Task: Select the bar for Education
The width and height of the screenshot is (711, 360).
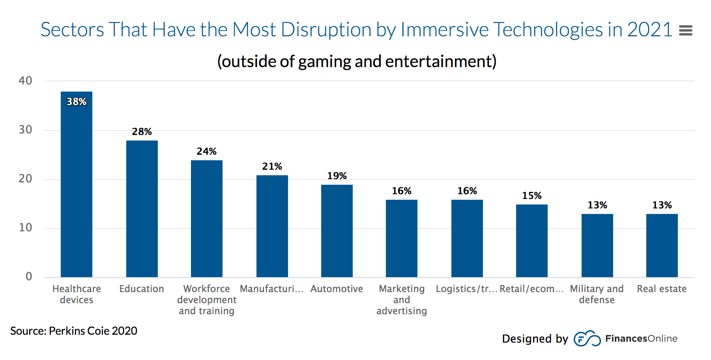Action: pos(142,209)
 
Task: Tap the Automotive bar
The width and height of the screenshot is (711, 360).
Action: pos(337,231)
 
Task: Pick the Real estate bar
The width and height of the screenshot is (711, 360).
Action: pos(662,246)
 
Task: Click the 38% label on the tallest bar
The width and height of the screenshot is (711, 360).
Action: pos(76,102)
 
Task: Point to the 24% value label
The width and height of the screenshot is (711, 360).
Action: pos(206,152)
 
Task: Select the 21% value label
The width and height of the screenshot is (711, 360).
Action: pos(272,167)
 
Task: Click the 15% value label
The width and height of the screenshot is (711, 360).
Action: pos(531,196)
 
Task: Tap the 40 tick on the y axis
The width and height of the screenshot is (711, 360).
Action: pos(25,81)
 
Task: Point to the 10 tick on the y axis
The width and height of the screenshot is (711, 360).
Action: pos(25,228)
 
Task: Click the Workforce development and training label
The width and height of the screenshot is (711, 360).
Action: pos(206,300)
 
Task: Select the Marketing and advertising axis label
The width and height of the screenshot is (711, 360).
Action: pos(401,300)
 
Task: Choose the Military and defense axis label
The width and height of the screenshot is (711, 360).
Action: pos(597,294)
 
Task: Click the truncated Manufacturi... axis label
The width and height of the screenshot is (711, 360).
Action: pos(271,289)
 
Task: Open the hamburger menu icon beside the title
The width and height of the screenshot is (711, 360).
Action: pos(685,30)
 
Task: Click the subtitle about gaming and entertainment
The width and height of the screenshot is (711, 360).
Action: pos(357,62)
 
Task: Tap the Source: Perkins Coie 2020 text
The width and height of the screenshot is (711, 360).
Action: pos(74,331)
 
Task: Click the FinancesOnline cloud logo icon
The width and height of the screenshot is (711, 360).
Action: pos(587,339)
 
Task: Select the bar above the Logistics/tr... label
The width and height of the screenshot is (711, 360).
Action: pos(467,238)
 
